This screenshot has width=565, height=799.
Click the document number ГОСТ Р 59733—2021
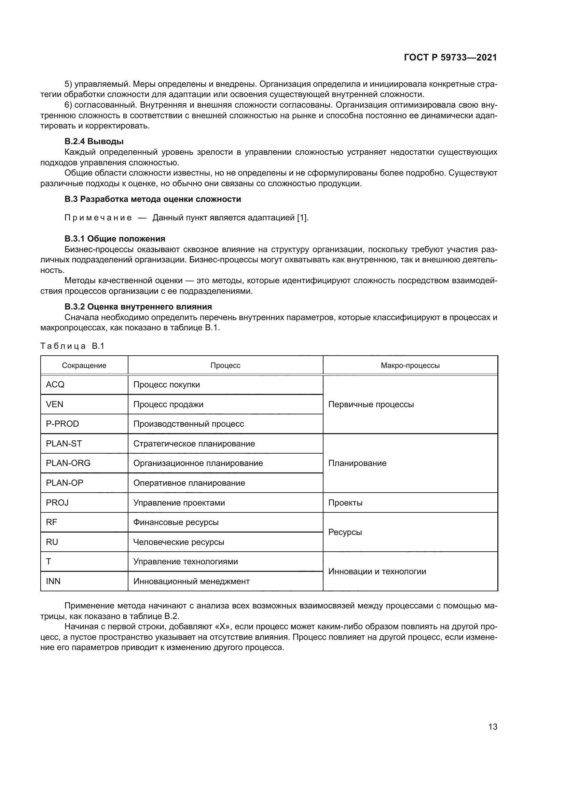tap(450, 58)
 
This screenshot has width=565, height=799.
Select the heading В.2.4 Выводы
tap(94, 141)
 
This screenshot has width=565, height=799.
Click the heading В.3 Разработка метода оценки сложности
tap(153, 199)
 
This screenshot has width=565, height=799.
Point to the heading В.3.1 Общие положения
tap(115, 239)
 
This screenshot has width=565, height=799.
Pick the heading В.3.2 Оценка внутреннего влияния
tap(138, 306)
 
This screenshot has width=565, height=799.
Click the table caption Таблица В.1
tap(72, 346)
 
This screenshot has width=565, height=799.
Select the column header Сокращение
tap(84, 366)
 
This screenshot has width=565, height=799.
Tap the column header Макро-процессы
tap(410, 366)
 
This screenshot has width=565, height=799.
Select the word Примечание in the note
tap(98, 218)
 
